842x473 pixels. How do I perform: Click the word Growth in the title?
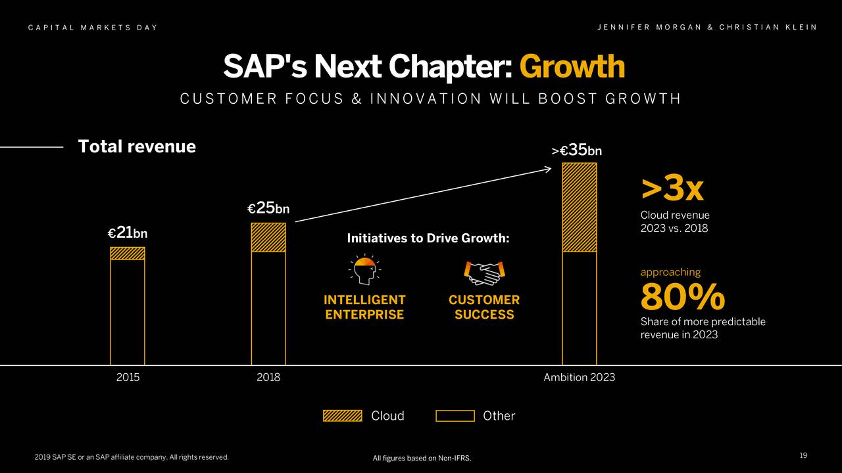(572, 66)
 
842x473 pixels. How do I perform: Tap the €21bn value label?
(128, 233)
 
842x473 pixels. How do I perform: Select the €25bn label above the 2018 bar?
(268, 208)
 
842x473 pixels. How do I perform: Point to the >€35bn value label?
(577, 150)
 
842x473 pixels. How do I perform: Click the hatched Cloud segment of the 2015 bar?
(128, 254)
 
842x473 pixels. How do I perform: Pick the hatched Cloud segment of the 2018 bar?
(268, 237)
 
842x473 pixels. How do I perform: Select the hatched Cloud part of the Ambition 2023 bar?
(579, 207)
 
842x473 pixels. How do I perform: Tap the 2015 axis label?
(128, 378)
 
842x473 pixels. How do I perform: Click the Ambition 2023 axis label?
(579, 378)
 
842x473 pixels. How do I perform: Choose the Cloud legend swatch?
(342, 415)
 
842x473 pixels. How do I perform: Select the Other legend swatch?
(455, 415)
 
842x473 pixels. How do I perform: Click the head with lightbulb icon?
(364, 271)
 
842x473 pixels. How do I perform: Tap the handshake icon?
(484, 273)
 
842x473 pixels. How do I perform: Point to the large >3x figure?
(672, 190)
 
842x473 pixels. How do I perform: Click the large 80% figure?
(683, 298)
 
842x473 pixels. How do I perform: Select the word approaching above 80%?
(670, 272)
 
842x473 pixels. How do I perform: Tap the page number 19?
(803, 456)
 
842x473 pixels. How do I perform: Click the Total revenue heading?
(137, 146)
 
